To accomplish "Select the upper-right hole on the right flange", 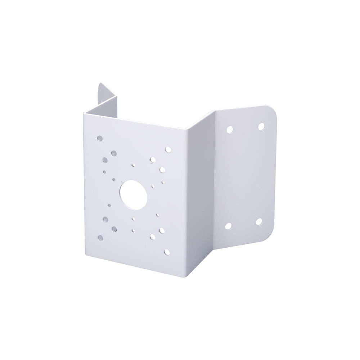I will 261,126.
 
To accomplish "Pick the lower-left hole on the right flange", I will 228,226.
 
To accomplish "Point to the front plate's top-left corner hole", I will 99,138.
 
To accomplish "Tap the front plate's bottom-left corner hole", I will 100,237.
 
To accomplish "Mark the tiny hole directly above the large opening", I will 133,165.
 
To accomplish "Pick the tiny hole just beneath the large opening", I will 133,219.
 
